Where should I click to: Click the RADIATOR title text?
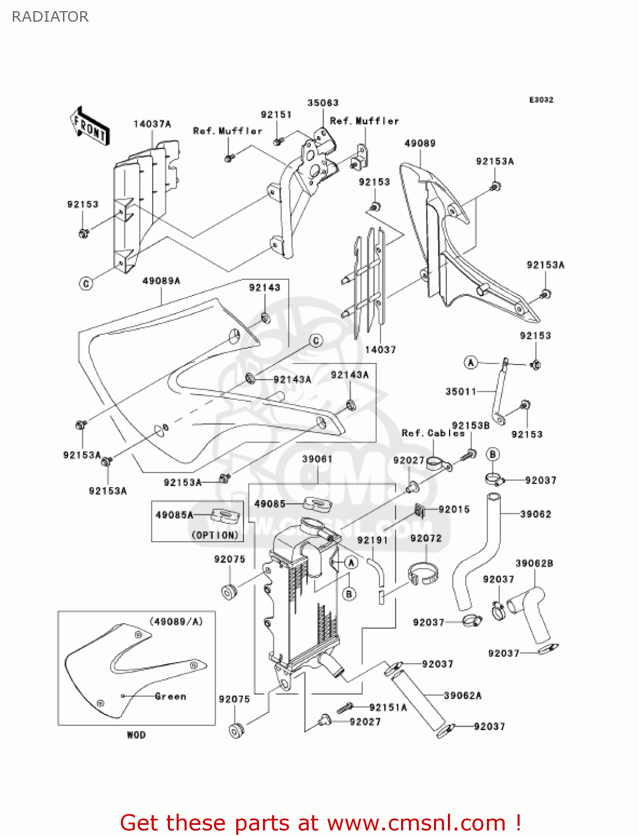(x=50, y=17)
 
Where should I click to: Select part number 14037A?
(x=152, y=124)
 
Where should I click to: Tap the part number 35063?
(x=323, y=103)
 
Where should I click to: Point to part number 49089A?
(x=162, y=281)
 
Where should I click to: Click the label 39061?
(x=318, y=459)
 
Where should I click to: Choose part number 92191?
(x=372, y=540)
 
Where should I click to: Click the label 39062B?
(x=534, y=563)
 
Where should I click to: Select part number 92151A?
(x=388, y=707)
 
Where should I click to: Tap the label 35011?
(x=461, y=392)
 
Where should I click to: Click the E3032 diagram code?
(x=541, y=100)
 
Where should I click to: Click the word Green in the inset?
(x=170, y=696)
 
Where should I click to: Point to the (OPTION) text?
(x=215, y=535)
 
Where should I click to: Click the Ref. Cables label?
(x=433, y=433)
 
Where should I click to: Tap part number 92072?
(x=426, y=538)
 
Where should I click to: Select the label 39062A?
(x=463, y=696)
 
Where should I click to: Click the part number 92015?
(x=454, y=509)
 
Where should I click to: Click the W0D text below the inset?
(x=136, y=735)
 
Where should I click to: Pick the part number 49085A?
(x=174, y=515)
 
